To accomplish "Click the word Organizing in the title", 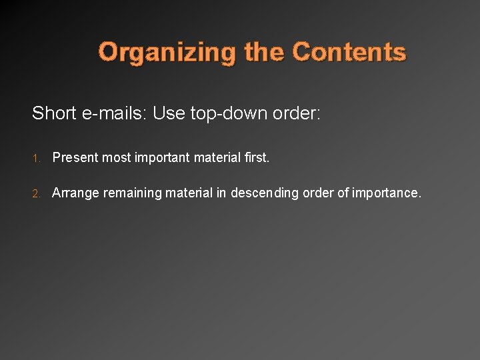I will point(167,52).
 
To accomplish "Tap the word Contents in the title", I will point(349,51).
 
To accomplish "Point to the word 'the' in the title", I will point(264,51).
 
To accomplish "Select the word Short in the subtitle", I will point(54,113).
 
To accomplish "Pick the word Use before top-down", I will point(169,113).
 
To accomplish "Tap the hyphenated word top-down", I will point(228,114).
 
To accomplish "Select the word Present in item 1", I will point(75,158).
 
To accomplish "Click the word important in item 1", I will point(162,159).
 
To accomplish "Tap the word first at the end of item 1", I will point(255,158).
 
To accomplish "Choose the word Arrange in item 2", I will point(73,193).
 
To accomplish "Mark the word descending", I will point(265,193).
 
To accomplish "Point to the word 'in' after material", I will point(222,193).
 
